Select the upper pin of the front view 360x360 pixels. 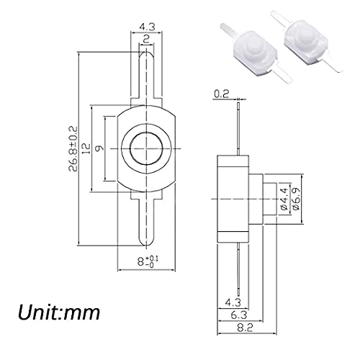click(146, 79)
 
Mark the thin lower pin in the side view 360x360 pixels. click(238, 266)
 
